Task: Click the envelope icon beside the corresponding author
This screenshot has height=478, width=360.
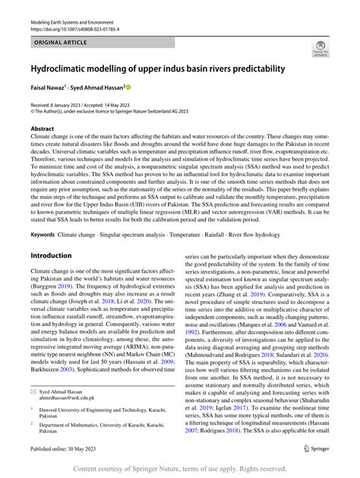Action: pyautogui.click(x=34, y=390)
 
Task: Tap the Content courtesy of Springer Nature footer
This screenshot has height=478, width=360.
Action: pyautogui.click(x=179, y=469)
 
